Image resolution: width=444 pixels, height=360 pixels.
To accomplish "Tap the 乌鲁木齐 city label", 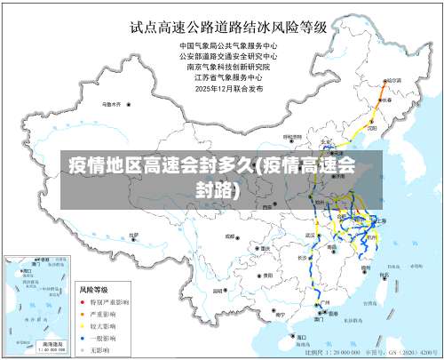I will pyautogui.click(x=112, y=103).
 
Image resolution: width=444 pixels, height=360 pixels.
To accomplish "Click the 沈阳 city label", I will pyautogui.click(x=364, y=116).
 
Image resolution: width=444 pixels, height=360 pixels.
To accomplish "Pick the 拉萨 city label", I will pyautogui.click(x=133, y=235).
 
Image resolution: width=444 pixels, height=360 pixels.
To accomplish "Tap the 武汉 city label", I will pyautogui.click(x=311, y=235).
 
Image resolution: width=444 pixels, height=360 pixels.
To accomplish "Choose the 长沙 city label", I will pyautogui.click(x=302, y=258).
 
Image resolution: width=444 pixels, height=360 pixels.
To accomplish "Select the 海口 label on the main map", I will pyautogui.click(x=302, y=337).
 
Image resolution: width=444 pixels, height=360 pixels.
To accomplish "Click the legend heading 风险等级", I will pyautogui.click(x=92, y=289).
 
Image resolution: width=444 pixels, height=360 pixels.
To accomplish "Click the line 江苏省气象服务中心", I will pyautogui.click(x=229, y=77).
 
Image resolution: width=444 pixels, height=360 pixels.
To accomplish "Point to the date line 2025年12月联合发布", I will pyautogui.click(x=229, y=88).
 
